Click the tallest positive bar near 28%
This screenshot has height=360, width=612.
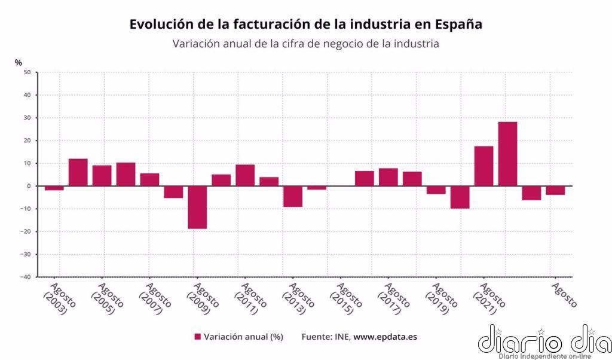point(507,154)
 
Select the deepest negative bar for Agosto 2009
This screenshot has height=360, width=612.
point(197,207)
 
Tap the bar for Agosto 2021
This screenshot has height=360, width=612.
point(484,166)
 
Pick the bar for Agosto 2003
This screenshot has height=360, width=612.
point(54,188)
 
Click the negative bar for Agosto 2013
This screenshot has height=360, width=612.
point(293,196)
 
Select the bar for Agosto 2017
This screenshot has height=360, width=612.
point(388,177)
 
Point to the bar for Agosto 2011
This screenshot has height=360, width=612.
point(245,175)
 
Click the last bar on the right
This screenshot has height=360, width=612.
point(555,190)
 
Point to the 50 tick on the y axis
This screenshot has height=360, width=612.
point(27,72)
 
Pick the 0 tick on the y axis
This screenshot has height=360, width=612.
point(29,186)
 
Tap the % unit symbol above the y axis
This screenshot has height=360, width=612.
point(19,62)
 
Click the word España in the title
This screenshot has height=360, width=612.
point(458,25)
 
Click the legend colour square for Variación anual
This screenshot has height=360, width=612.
point(198,337)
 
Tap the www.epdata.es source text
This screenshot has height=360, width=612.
point(385,337)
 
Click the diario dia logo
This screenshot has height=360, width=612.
point(544,341)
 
